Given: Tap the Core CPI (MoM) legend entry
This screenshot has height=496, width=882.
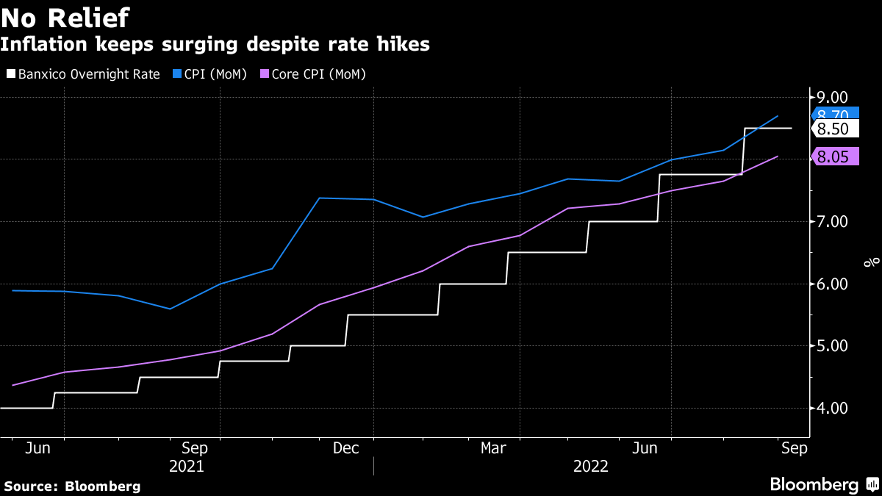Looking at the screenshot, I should (319, 74).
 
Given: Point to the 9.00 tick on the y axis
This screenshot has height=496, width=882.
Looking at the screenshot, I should (828, 97).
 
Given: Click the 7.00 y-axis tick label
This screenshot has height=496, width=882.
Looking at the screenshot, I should (828, 221).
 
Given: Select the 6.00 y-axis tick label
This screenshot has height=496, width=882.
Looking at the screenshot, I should (828, 284).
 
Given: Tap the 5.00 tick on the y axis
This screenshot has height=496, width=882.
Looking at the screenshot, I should (828, 345).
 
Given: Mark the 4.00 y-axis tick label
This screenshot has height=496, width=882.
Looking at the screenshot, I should (828, 408).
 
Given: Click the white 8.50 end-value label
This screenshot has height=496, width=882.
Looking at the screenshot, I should (833, 129).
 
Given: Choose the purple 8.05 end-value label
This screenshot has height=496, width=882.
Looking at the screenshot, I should (833, 156).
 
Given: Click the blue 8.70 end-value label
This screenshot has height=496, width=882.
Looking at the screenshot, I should (833, 114).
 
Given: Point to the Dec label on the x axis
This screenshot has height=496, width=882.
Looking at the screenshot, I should (345, 448).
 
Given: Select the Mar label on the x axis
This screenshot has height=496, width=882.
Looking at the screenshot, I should (494, 448).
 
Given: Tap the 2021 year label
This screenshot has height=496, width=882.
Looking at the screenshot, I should (187, 466).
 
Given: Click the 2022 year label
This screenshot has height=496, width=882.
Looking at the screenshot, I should (591, 466).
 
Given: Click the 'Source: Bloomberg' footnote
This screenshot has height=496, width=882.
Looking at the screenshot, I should (72, 486).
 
